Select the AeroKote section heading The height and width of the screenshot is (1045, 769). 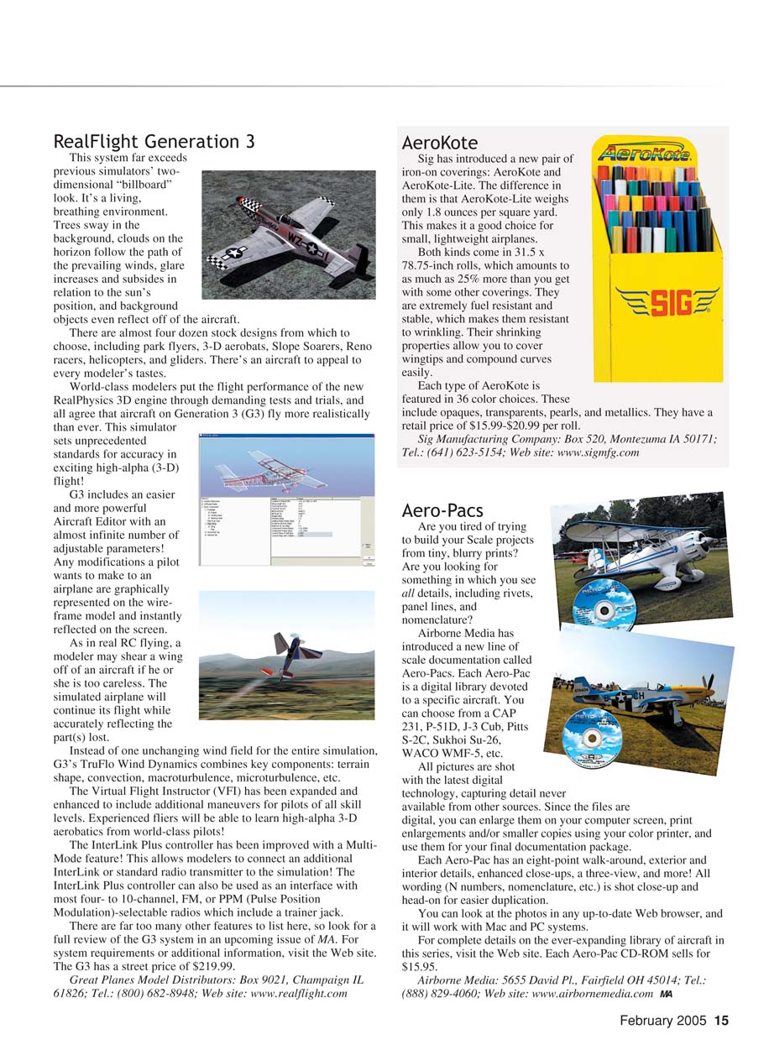[439, 143]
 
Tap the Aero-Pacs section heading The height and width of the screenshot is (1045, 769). [442, 509]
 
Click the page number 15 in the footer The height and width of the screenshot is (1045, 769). [721, 1021]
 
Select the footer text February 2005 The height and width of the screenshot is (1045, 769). [664, 1021]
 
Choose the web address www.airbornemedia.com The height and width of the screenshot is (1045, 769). [593, 994]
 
